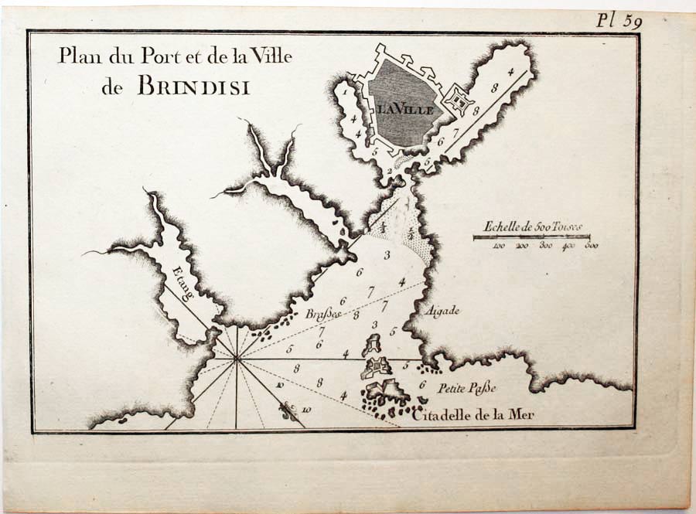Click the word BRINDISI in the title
point(193,86)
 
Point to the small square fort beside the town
point(461,100)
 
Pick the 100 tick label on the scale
point(499,246)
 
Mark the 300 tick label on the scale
point(546,246)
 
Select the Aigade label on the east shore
point(442,311)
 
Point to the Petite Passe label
point(466,388)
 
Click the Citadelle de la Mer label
point(473,417)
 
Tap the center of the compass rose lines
point(237,358)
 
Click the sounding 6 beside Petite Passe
point(422,384)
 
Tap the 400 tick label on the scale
point(570,246)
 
